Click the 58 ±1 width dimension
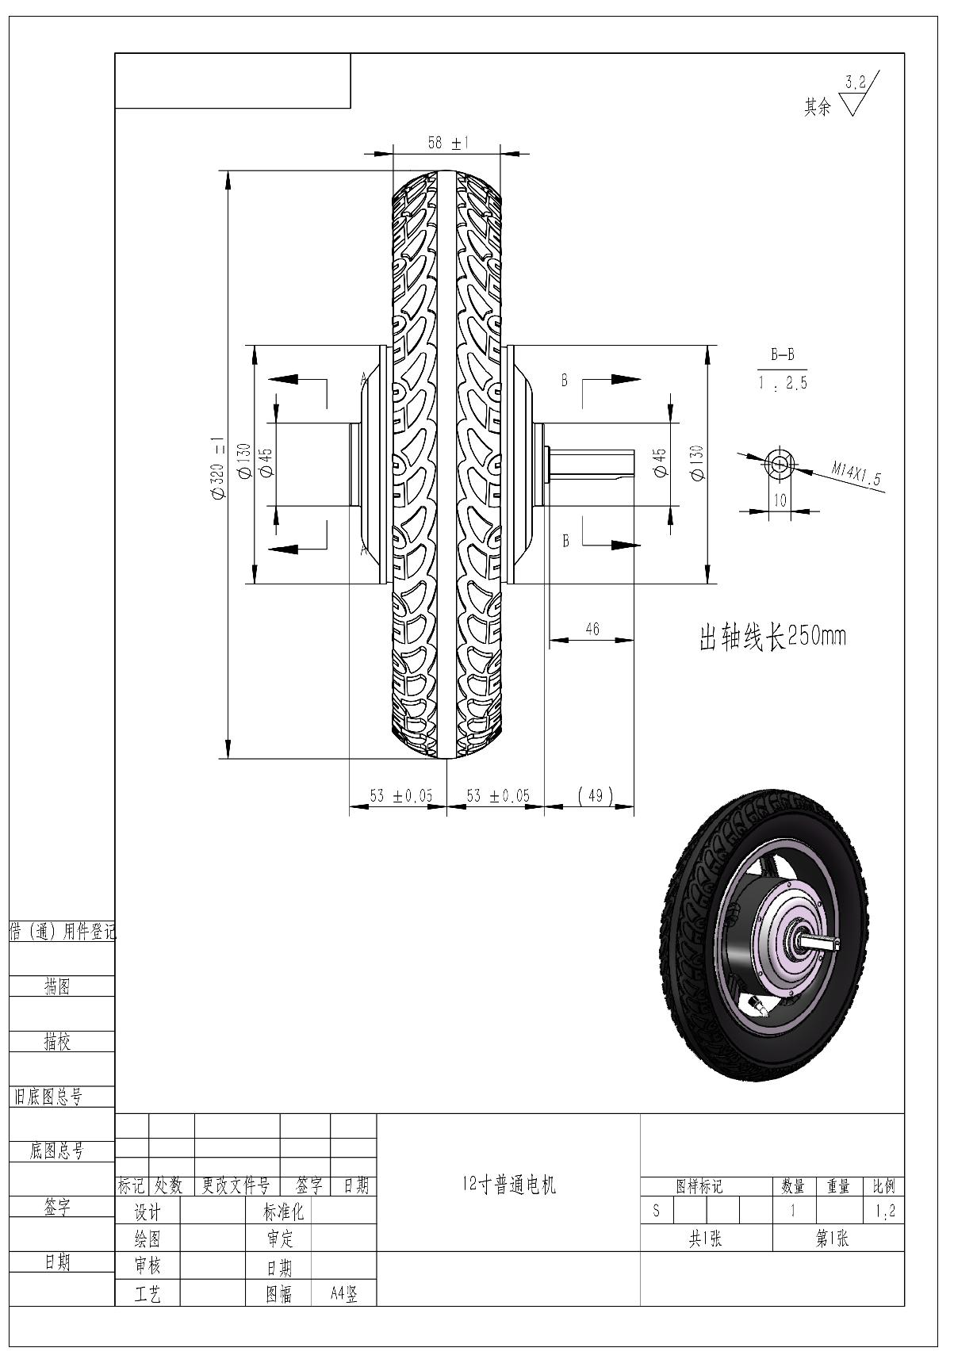coord(447,144)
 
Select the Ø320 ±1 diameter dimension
coord(219,469)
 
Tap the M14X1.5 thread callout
coord(856,474)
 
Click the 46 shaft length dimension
coord(592,630)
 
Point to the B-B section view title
coord(782,356)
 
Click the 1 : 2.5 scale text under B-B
coord(782,385)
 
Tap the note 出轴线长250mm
coord(772,637)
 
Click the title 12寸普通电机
coord(508,1185)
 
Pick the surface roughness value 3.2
coord(856,82)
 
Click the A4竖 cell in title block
coord(344,1294)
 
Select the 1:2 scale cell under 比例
coord(883,1211)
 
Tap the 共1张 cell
coord(705,1239)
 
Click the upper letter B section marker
coord(565,381)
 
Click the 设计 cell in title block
coord(148,1212)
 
